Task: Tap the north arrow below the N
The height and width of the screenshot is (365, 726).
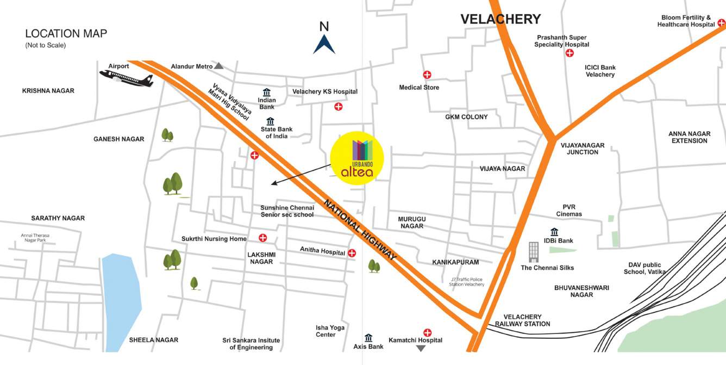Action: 324,45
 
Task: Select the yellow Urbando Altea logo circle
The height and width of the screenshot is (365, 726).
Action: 357,158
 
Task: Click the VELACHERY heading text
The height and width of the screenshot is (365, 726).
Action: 500,19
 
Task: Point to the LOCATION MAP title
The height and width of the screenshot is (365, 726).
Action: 66,33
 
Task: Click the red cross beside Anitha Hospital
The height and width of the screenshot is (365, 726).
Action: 352,253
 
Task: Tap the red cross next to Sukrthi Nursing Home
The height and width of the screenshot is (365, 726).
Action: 263,238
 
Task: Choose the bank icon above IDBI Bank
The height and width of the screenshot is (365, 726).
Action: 554,232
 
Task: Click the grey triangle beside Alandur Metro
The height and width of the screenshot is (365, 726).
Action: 218,66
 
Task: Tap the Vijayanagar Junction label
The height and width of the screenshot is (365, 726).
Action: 583,149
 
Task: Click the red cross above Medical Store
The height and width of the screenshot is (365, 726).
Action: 427,75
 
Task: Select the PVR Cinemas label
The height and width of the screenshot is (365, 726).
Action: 568,210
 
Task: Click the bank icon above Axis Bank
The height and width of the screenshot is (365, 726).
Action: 368,338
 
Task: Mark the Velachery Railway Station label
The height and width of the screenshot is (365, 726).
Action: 522,320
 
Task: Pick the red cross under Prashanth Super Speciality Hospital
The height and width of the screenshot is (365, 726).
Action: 569,53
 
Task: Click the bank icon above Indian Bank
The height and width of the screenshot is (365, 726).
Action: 267,92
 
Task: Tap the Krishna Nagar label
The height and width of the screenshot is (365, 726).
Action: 48,91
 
